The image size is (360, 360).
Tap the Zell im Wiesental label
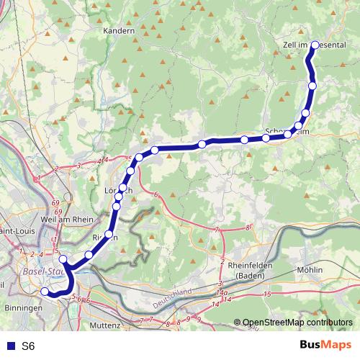pos(315,44)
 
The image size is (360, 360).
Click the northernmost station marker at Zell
pos(314,45)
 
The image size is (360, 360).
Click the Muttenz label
pos(105,325)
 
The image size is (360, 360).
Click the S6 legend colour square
pos(9,346)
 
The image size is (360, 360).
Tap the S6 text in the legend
pos(28,346)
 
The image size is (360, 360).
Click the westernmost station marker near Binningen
pos(45,292)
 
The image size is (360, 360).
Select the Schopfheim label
pos(287,132)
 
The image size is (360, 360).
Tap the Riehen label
pos(105,235)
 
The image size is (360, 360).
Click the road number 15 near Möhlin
pos(266,294)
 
